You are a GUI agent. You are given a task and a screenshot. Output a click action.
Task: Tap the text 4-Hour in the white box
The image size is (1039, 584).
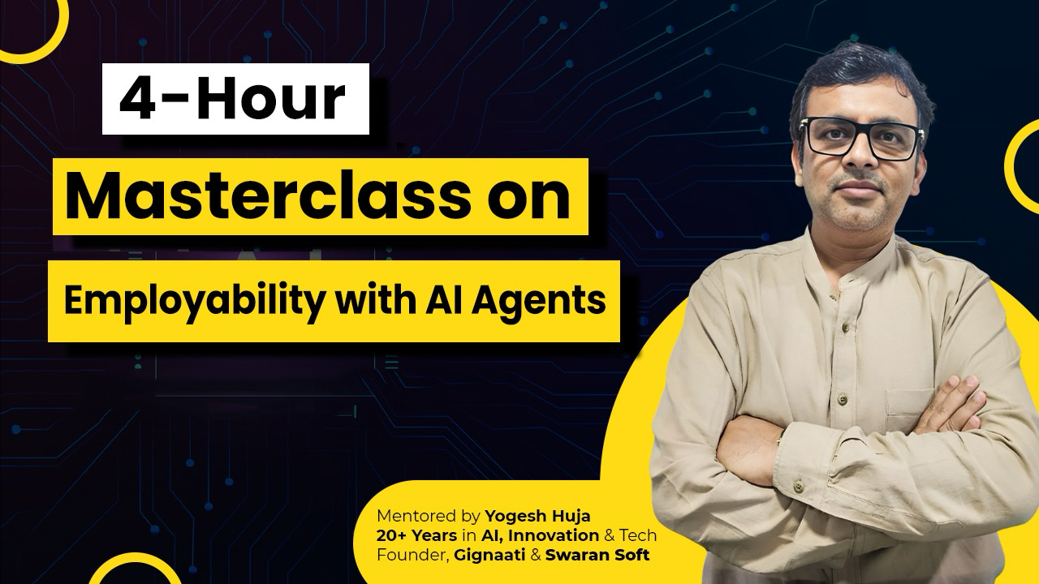(232, 99)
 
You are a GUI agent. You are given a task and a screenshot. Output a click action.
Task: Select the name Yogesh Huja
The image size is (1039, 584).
(537, 515)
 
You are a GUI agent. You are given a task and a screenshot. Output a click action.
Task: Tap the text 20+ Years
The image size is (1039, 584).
(416, 535)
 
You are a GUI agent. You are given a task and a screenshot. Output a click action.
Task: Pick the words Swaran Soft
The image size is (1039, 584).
(597, 555)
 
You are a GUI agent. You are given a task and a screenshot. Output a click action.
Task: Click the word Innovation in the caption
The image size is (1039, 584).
(554, 535)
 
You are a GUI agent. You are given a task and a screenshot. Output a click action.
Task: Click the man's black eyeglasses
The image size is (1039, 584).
(861, 138)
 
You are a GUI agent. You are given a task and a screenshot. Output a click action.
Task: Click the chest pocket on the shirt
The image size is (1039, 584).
(909, 408)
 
